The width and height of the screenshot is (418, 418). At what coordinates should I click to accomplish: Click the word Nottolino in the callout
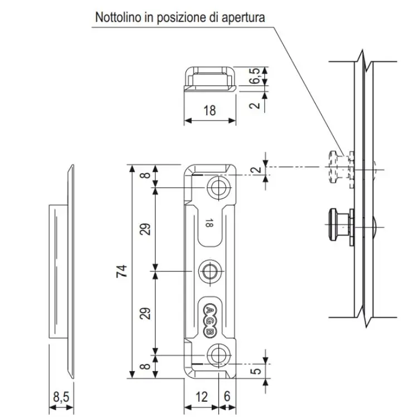point(119,17)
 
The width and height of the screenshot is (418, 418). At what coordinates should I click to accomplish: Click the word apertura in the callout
point(242,17)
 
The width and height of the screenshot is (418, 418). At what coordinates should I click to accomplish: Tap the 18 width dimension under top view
point(209,110)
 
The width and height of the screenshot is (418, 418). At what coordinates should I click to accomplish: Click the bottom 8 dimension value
point(144,366)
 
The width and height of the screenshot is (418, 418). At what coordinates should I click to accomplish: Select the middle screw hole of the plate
point(210,271)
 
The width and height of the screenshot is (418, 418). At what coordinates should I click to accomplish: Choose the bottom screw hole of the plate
point(218,353)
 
